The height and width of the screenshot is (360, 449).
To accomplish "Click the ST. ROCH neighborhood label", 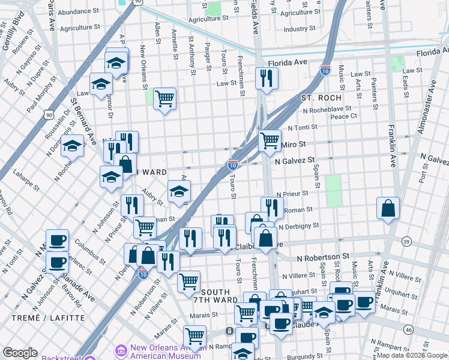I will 321,97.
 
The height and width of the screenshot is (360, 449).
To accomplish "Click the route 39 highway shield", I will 406,241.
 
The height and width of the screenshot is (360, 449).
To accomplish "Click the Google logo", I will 20,353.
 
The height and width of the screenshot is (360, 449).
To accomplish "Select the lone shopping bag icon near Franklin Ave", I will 388,209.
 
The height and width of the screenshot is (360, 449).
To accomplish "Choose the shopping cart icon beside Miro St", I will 270,140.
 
